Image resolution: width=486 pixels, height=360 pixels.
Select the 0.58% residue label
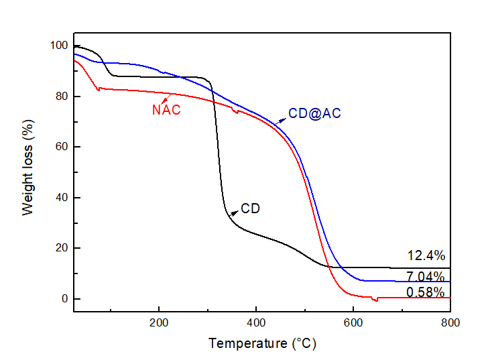426,292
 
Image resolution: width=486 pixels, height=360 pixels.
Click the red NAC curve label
166,110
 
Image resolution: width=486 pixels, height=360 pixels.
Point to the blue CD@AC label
314,114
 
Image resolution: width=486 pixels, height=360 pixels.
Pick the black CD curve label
250,208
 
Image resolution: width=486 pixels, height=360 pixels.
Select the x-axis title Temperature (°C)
262,344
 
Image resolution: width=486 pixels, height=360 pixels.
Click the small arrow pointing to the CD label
234,212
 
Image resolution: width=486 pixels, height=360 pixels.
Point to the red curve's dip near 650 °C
375,300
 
